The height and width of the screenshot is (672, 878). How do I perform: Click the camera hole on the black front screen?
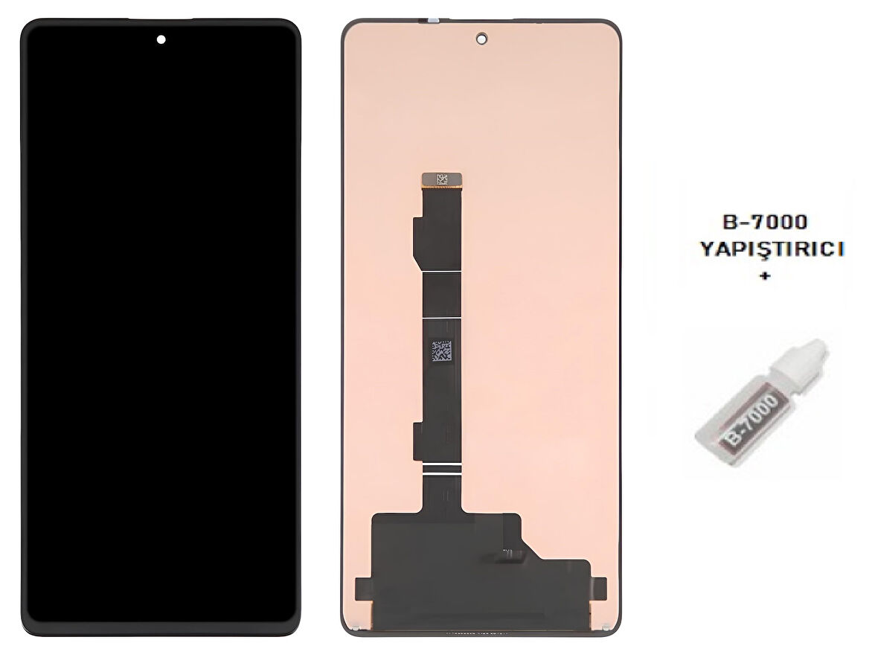click(161, 39)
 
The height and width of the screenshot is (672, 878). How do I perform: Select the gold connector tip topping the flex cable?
click(443, 179)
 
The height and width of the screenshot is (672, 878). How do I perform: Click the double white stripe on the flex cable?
click(443, 469)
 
